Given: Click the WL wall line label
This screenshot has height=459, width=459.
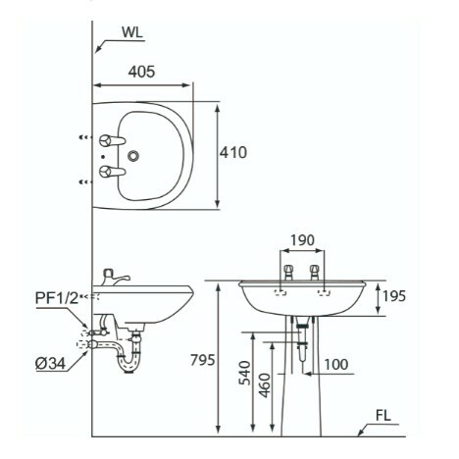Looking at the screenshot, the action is tap(132, 32).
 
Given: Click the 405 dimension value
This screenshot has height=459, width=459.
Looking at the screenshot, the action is tap(141, 72).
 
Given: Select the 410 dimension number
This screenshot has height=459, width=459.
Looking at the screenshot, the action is tap(233, 153).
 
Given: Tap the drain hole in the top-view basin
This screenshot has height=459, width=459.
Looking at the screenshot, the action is tap(133, 156).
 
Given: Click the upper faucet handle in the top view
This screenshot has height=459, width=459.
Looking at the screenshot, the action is tap(112, 140).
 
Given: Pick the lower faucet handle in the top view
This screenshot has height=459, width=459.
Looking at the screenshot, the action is tap(112, 172).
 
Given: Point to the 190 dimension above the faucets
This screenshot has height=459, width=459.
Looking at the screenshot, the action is tap(302, 240).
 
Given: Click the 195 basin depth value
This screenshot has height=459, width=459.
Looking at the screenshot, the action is tap(394, 296).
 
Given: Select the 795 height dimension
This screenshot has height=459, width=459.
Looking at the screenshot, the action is tap(203, 360).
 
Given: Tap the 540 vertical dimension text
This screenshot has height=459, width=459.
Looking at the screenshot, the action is tap(244, 373).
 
